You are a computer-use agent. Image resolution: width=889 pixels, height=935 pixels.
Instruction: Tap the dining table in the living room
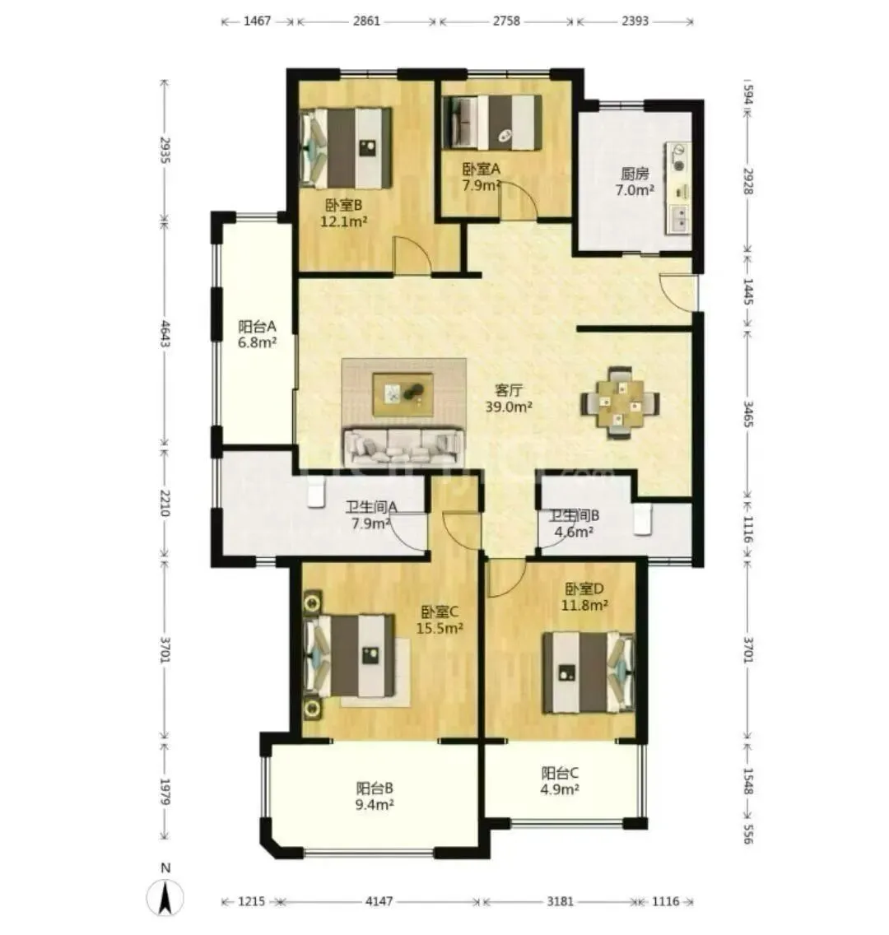coord(620,403)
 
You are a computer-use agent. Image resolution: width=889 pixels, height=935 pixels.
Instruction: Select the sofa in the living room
coord(403,447)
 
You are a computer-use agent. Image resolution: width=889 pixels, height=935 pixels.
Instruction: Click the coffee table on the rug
coord(403,394)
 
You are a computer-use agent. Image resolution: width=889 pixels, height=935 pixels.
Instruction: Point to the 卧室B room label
coord(344,205)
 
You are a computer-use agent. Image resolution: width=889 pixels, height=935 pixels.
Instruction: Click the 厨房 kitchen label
coord(635,174)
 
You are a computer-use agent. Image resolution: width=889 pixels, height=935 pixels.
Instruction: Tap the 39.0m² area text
coord(509,407)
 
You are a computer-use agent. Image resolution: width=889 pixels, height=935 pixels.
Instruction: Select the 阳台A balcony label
coord(257,326)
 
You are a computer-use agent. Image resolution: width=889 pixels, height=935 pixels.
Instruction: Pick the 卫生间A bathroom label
coord(371,508)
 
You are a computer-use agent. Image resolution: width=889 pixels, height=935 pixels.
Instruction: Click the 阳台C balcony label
coord(560,774)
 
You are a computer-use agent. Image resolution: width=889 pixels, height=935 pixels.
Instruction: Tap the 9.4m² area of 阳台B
coord(375,804)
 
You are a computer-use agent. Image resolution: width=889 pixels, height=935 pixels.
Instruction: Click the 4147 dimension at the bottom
coord(379,901)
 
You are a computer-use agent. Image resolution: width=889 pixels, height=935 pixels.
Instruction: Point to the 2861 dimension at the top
coord(366,21)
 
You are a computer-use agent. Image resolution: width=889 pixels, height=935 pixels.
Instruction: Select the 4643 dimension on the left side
coord(165,334)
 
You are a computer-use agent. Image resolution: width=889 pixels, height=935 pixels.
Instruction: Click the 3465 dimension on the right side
coord(748,414)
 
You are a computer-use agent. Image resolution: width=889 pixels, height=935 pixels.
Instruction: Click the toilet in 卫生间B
coord(642,519)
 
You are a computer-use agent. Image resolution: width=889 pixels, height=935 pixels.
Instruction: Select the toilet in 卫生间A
coord(316,491)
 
